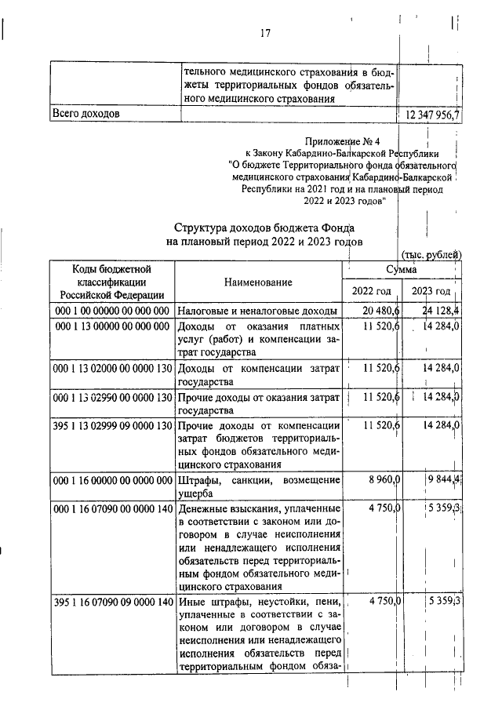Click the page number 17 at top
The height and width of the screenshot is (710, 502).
coord(264,33)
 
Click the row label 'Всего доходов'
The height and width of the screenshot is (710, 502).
coord(85,115)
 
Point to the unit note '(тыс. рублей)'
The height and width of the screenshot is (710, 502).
coord(431,255)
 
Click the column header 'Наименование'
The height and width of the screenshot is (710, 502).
coord(258,282)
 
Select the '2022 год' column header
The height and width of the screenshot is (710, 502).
coord(371,292)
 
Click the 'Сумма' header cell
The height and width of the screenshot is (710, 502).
coord(401,269)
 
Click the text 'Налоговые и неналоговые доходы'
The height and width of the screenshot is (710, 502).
coord(256,311)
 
